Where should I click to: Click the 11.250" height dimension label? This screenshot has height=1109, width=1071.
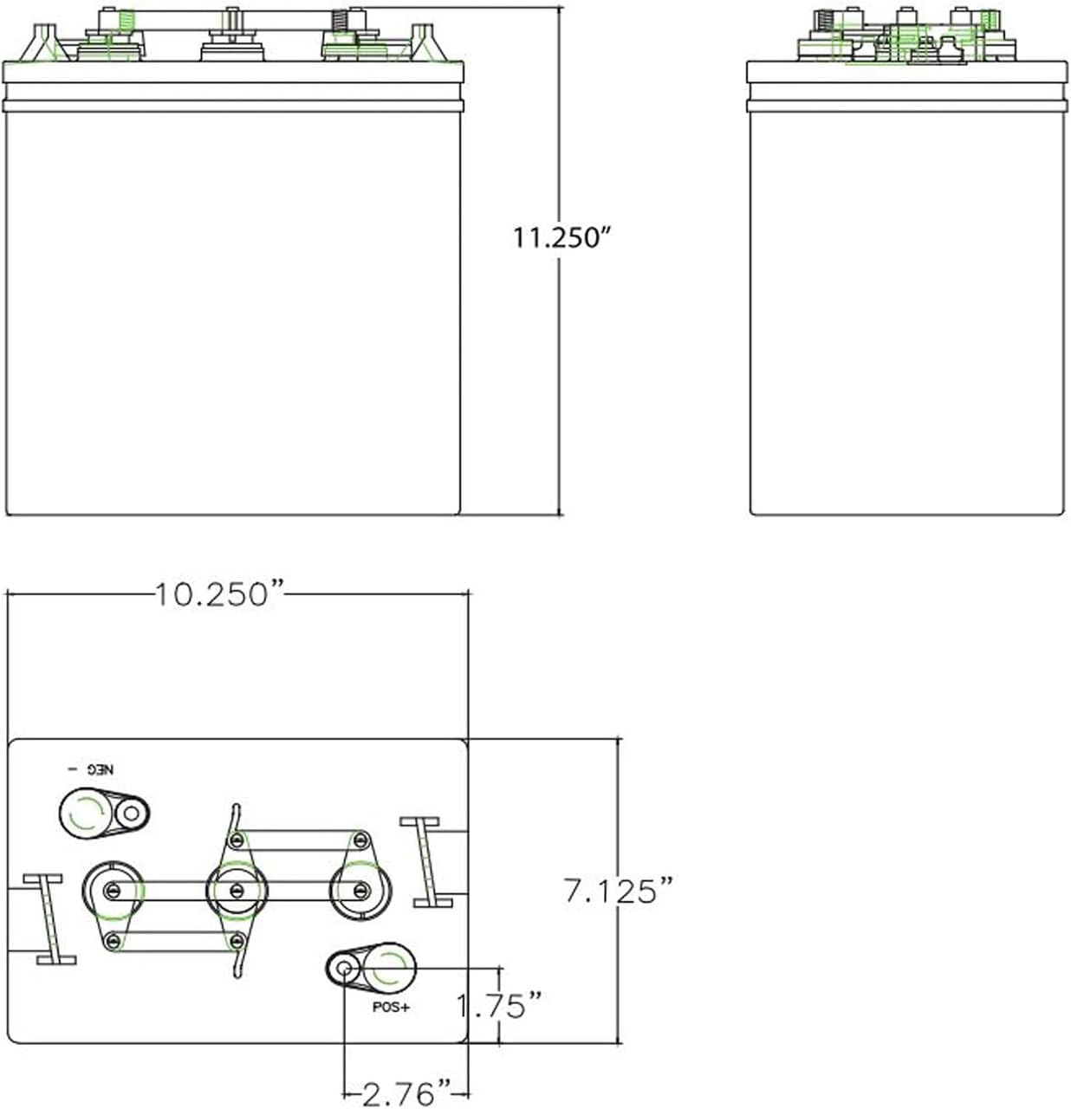click(562, 237)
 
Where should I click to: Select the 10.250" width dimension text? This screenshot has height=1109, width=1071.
click(219, 594)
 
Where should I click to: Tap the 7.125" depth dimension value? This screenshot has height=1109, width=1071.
click(619, 891)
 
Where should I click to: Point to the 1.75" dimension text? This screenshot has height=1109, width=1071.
click(499, 1005)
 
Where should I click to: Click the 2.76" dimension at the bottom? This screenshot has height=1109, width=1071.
click(406, 1093)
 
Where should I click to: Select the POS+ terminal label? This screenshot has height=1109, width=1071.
click(391, 1007)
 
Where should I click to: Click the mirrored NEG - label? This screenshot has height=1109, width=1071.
click(91, 769)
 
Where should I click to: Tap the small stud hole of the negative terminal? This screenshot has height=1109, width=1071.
click(131, 814)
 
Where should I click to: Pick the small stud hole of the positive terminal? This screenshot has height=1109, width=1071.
click(344, 969)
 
